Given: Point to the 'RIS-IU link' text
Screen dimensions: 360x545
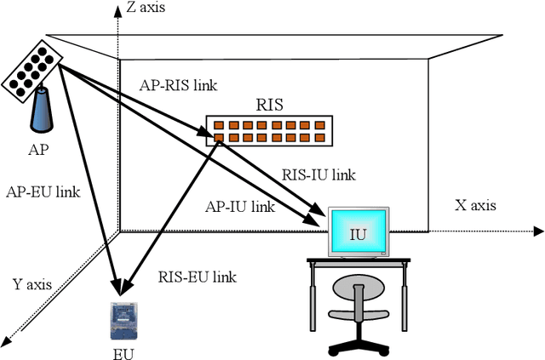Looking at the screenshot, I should tap(318, 174).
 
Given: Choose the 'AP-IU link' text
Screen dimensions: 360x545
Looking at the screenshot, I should tap(240, 206).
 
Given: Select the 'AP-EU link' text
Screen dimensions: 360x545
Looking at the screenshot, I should tap(42, 191).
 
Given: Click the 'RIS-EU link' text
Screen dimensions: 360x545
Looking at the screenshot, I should tap(198, 276).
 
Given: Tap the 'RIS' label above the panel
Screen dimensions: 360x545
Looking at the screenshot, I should tap(269, 106).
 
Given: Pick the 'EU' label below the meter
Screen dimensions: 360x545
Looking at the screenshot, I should tap(123, 351).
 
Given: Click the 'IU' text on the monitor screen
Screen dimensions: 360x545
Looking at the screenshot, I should tap(358, 232).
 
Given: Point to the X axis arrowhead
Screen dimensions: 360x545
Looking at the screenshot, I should tap(538, 231).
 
